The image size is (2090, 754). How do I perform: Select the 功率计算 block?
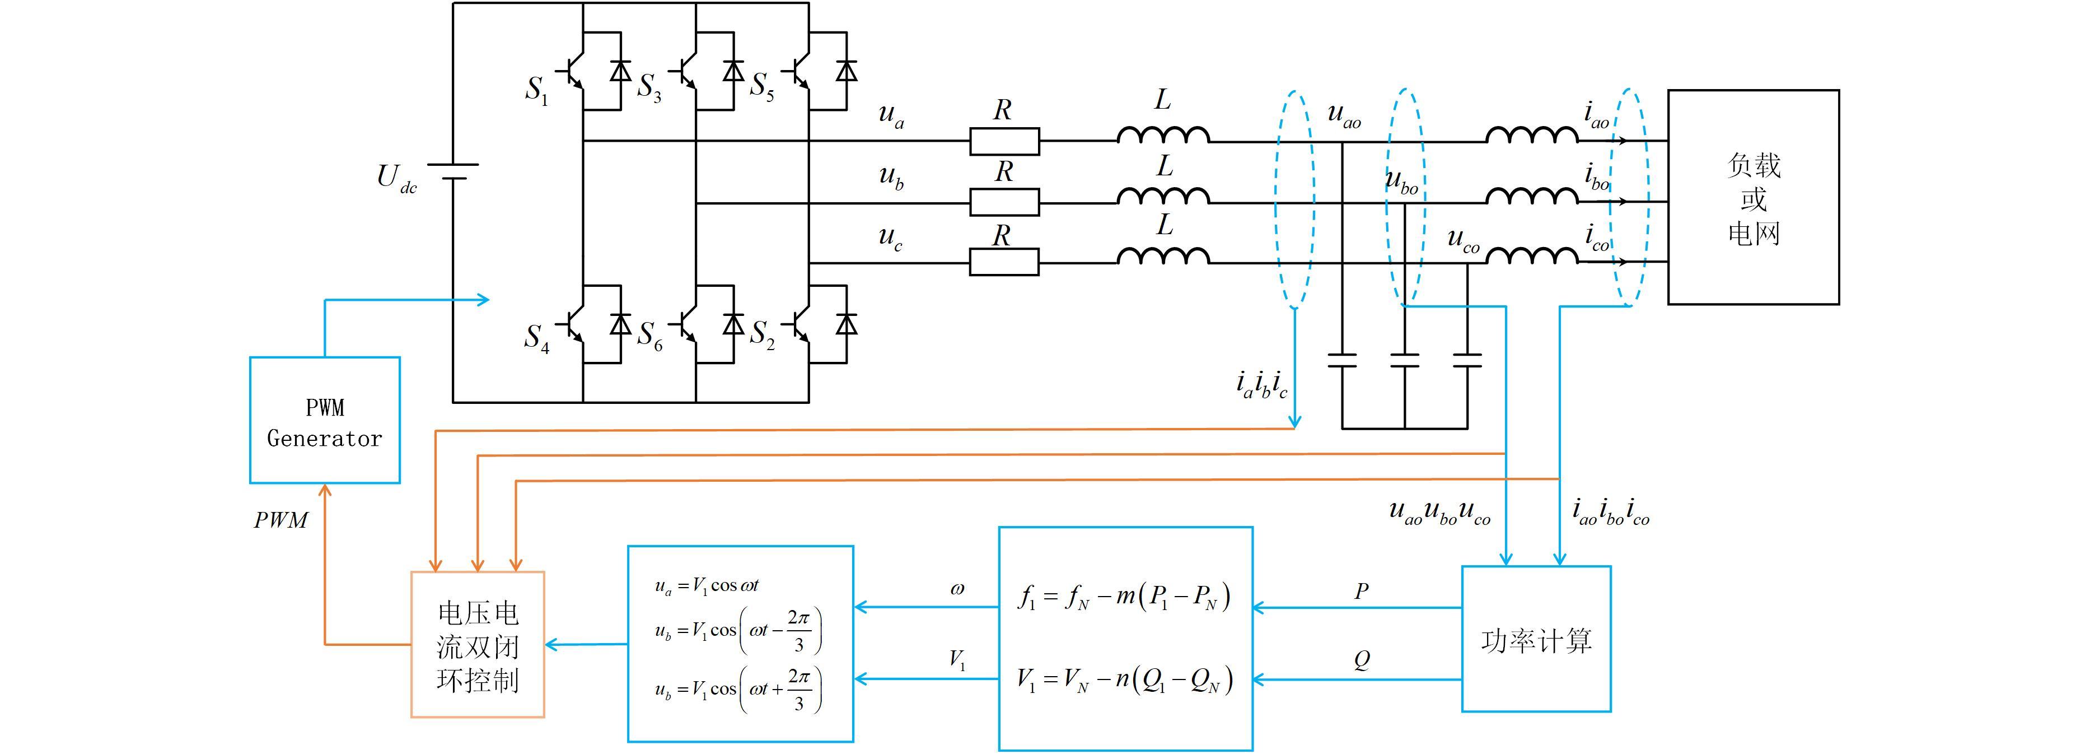point(1536,639)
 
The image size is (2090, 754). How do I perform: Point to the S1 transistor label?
point(537,90)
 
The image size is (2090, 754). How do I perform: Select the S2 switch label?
point(762,334)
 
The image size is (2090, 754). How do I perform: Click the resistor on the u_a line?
point(1004,141)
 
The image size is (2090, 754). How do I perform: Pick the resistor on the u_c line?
point(1004,262)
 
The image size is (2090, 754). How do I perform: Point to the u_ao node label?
point(1344,115)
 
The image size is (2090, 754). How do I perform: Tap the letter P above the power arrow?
point(1362,591)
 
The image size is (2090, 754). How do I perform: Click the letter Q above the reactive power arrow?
point(1362,660)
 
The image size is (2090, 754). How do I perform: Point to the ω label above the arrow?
point(957,589)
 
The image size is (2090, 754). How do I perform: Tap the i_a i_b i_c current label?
point(1261,384)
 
